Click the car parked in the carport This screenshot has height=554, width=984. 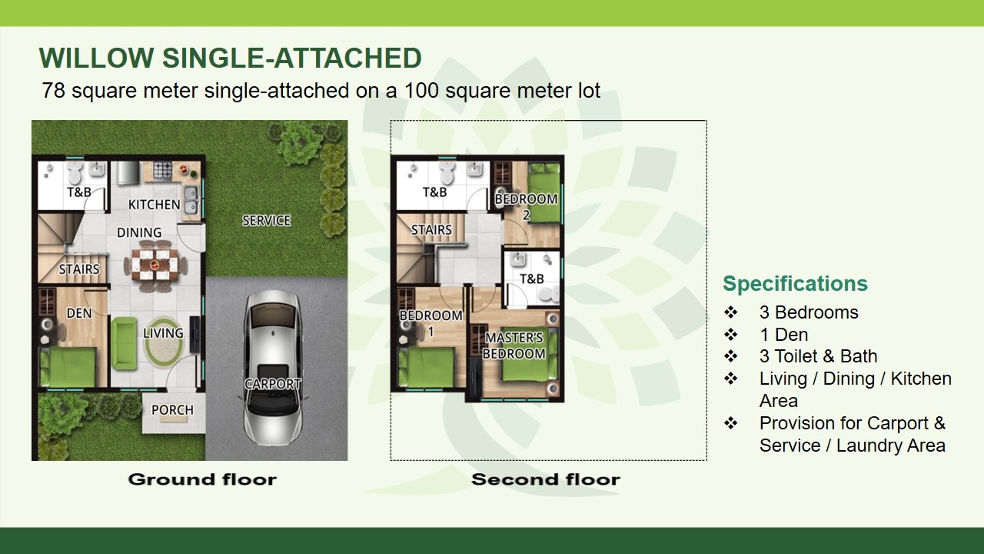273,367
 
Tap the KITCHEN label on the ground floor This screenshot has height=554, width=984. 155,205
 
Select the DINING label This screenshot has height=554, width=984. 139,232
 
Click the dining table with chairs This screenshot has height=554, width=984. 155,264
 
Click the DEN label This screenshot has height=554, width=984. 79,313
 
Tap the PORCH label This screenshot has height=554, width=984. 172,410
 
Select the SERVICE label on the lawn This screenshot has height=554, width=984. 266,220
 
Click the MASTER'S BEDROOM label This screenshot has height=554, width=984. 514,345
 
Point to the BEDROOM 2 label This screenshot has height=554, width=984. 527,207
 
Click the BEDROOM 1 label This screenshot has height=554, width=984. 431,323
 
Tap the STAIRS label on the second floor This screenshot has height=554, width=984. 431,230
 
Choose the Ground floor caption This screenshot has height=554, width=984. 202,479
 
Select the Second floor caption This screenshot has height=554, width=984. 546,479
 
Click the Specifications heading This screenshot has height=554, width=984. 795,284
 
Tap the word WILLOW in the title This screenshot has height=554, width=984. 96,58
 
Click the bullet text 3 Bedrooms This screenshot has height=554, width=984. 809,312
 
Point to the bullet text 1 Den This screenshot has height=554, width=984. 783,335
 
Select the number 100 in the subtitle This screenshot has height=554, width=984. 421,91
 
